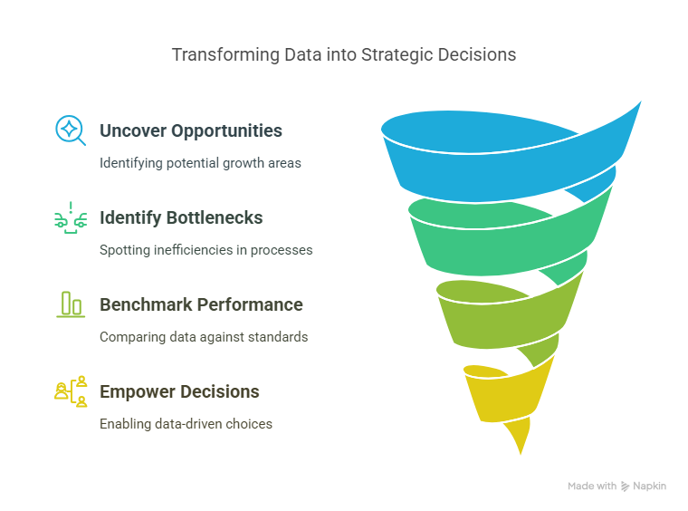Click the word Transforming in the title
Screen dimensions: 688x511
click(x=225, y=55)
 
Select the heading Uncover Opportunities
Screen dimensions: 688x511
click(x=191, y=130)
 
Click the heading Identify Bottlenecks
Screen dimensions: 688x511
click(x=181, y=217)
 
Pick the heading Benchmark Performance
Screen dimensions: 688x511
click(x=201, y=304)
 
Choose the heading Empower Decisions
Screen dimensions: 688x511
click(x=179, y=391)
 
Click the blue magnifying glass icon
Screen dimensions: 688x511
click(x=71, y=130)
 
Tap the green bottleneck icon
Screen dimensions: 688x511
click(x=71, y=217)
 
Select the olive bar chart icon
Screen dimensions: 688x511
click(x=71, y=304)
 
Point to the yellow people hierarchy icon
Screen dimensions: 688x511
click(x=71, y=391)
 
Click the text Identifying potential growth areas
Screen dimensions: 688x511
click(x=200, y=163)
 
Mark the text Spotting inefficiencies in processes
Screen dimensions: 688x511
click(x=206, y=250)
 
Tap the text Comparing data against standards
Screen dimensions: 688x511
click(x=204, y=337)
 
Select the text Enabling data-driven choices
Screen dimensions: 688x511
click(x=186, y=424)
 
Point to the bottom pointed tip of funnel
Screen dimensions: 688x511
click(x=521, y=454)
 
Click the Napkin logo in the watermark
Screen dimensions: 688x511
click(x=626, y=487)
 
